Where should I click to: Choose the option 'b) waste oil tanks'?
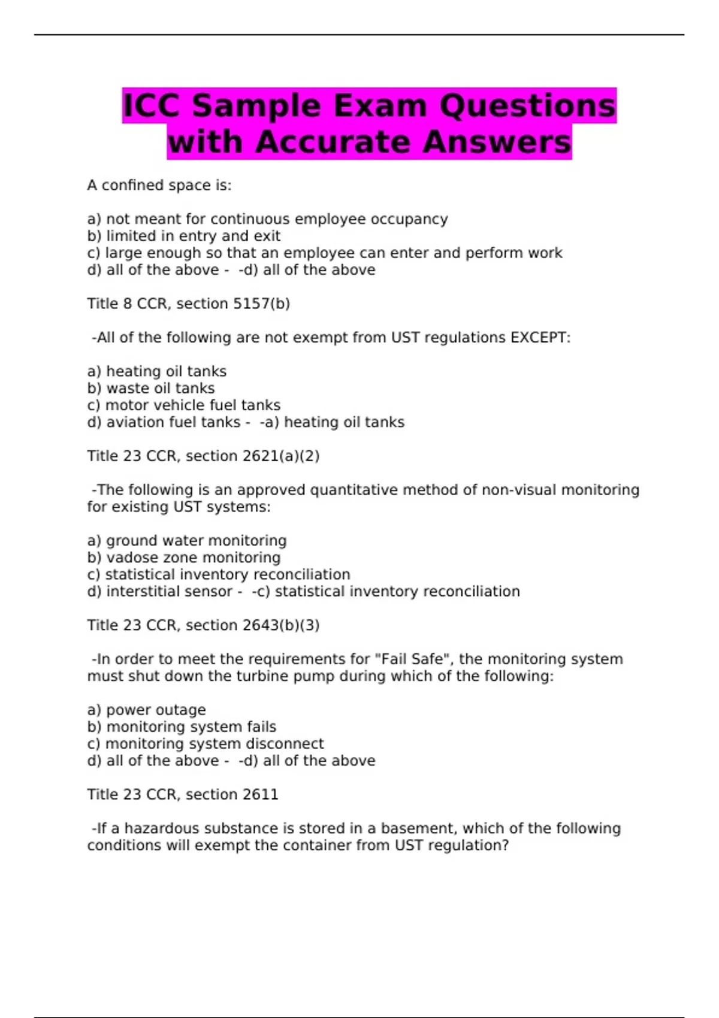coord(151,389)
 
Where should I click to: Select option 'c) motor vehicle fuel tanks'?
coord(183,405)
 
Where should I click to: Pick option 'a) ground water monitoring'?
coord(187,541)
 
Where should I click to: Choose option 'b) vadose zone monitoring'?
coord(183,558)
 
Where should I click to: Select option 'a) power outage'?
coord(146,710)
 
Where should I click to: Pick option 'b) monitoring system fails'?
coord(182,727)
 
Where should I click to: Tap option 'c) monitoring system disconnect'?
coord(205,744)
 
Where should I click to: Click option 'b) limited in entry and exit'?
coord(183,236)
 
